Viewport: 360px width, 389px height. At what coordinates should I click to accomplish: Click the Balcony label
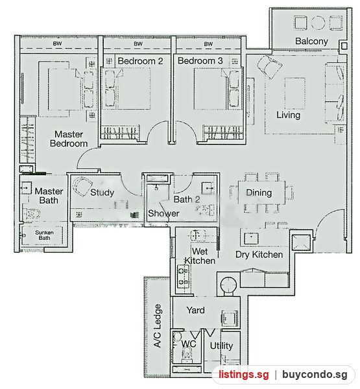pos(311,41)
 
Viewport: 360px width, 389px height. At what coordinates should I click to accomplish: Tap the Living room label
pos(288,115)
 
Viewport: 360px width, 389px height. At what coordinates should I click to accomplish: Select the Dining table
pos(261,193)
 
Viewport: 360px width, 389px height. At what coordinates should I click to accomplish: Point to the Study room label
pos(102,193)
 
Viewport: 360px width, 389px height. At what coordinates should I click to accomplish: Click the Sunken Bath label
pos(44,235)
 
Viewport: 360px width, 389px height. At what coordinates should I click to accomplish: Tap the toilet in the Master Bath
pos(32,213)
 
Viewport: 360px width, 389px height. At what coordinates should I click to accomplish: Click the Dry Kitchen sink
pos(251,239)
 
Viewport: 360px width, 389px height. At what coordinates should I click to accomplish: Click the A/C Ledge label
pos(157,325)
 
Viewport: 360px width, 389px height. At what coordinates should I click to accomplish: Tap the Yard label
pos(196,311)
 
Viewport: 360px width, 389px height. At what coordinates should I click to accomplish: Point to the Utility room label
pos(221,346)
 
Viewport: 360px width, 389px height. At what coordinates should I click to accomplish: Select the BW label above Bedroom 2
pos(138,44)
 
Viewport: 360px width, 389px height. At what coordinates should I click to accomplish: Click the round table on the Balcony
pos(318,23)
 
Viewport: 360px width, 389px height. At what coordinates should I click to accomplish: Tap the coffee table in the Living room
pos(294,93)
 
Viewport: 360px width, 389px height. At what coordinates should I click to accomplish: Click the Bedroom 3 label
pos(200,61)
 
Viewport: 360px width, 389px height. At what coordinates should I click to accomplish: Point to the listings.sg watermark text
pos(244,375)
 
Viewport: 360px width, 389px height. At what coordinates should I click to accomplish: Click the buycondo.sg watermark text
pos(315,375)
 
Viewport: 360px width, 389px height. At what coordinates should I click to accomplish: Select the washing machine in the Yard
pos(230,318)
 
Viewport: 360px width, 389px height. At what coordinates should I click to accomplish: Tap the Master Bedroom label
pos(69,139)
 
